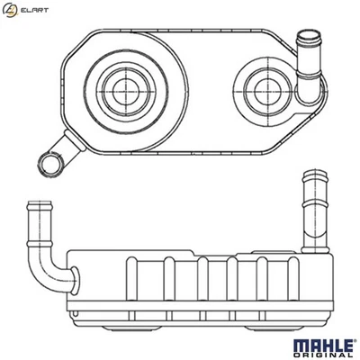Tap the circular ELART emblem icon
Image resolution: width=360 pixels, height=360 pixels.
tap(10, 12)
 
